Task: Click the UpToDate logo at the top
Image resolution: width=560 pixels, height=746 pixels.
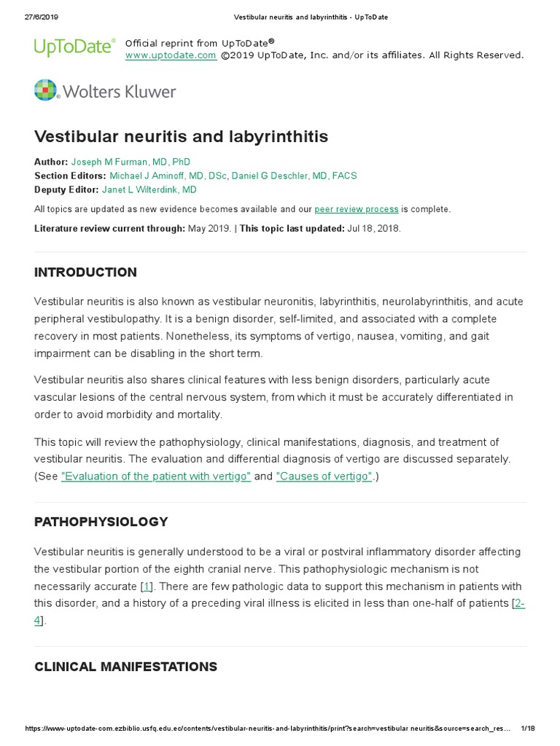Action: (74, 47)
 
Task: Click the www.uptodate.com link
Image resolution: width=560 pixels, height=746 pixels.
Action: (170, 55)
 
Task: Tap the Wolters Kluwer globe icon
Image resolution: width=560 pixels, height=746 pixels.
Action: (45, 90)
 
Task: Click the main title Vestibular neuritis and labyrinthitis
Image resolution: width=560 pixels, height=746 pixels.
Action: (181, 137)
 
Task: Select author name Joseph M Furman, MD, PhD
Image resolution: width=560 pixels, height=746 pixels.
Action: (131, 162)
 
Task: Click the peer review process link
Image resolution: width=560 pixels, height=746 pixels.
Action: (357, 209)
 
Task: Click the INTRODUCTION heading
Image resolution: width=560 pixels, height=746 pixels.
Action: (85, 272)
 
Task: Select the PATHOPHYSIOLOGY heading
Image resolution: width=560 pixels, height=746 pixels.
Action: (101, 522)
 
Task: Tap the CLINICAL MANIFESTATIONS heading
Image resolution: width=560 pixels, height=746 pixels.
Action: (125, 667)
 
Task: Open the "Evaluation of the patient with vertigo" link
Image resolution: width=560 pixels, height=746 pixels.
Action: (156, 476)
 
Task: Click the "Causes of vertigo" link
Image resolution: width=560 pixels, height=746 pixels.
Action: (324, 476)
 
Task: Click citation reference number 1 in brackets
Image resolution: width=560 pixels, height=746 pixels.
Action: (147, 586)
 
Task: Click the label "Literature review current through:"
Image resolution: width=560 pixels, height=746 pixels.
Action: (109, 228)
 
